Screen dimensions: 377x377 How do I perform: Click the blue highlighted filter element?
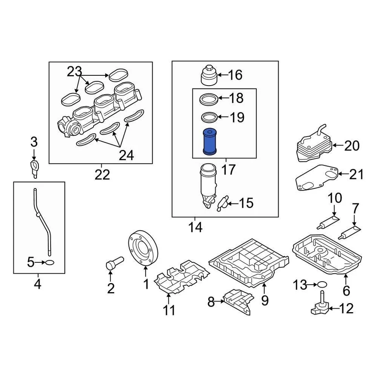tap(210, 142)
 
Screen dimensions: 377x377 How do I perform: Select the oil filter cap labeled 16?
tap(209, 76)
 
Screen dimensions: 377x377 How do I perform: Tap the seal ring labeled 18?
tap(209, 99)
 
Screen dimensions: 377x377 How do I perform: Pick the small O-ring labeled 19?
tap(209, 117)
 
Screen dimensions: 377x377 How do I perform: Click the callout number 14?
tap(195, 227)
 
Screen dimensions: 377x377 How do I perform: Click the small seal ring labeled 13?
tap(321, 285)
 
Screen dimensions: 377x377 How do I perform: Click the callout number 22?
tap(102, 174)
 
